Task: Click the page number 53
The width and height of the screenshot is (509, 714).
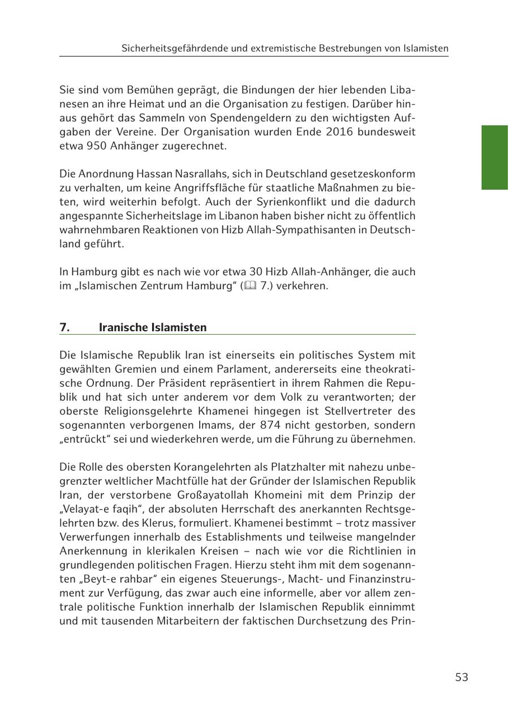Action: click(461, 677)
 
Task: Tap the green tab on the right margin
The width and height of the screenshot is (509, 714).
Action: click(494, 157)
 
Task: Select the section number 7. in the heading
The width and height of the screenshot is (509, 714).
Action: click(64, 327)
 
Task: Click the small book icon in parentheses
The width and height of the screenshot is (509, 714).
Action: click(250, 286)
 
